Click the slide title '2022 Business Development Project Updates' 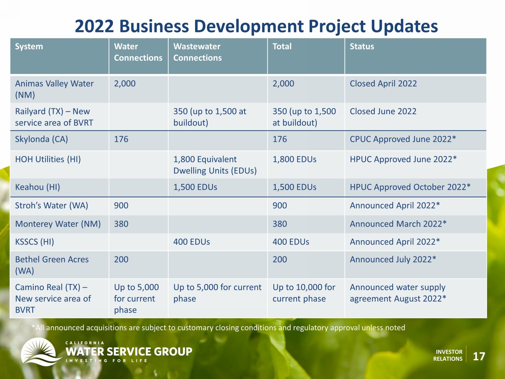(256, 26)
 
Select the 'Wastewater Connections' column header (197, 52)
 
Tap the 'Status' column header (362, 46)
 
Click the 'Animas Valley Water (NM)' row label (54, 89)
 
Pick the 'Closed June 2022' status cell (383, 112)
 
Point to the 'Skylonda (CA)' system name (41, 139)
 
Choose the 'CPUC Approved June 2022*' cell (403, 139)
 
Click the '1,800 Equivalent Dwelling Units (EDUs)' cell (215, 165)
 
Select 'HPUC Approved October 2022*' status (410, 187)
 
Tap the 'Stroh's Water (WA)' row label (52, 205)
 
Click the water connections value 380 (121, 224)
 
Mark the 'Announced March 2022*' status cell (398, 224)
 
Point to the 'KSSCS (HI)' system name (35, 242)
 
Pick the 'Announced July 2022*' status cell (393, 259)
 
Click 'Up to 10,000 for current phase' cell (304, 293)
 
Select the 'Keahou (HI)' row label (37, 187)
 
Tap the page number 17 (479, 356)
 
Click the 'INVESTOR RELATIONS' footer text (448, 355)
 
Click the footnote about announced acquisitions (218, 327)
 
